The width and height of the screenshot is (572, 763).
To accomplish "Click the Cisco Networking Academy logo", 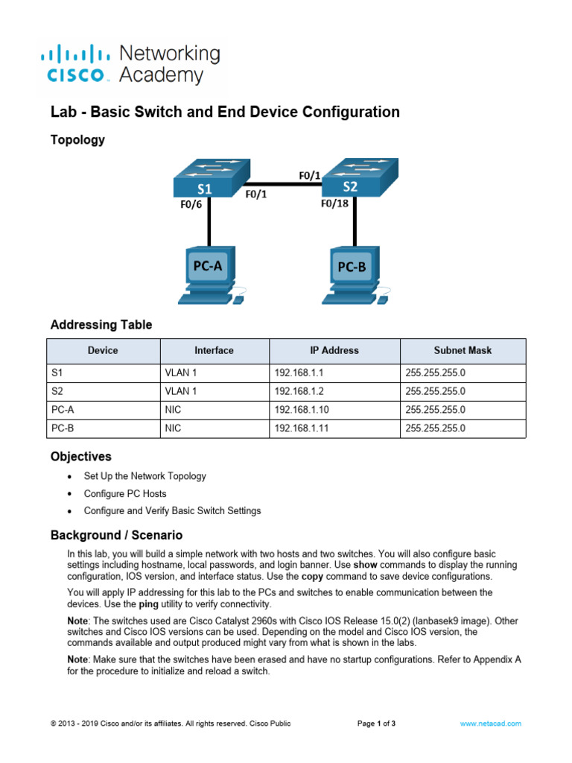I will pyautogui.click(x=130, y=64).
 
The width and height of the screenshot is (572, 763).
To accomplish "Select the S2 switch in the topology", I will pyautogui.click(x=355, y=177).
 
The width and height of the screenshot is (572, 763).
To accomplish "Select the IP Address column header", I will pyautogui.click(x=334, y=350).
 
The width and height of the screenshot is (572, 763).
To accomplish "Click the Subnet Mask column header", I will pyautogui.click(x=463, y=350).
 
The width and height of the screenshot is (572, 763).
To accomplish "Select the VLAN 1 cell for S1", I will pyautogui.click(x=180, y=372).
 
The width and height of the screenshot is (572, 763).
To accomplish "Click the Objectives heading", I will pyautogui.click(x=80, y=456).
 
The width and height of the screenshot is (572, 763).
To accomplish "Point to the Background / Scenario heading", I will pyautogui.click(x=115, y=535).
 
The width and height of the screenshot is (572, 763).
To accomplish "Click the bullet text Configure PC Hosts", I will pyautogui.click(x=125, y=493).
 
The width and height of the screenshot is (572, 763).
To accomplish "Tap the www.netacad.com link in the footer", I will pyautogui.click(x=490, y=724).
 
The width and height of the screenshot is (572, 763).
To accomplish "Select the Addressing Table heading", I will pyautogui.click(x=101, y=325).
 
